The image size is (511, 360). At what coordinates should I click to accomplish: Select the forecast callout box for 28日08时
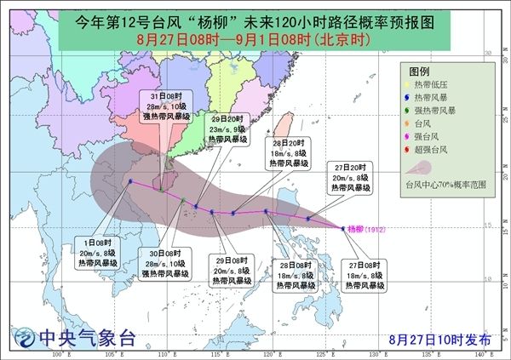293,277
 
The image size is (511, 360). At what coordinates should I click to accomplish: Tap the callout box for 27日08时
362,277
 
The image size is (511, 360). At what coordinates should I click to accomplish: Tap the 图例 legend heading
420,71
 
